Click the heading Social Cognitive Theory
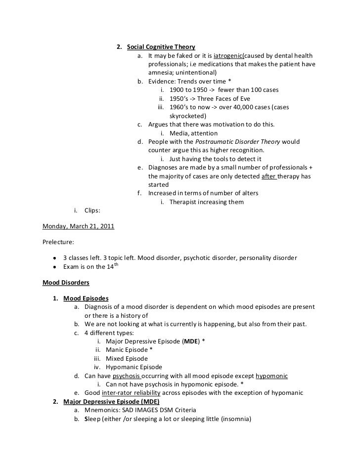coord(161,47)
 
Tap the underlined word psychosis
coord(127,376)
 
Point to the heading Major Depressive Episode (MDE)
coord(104,401)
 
